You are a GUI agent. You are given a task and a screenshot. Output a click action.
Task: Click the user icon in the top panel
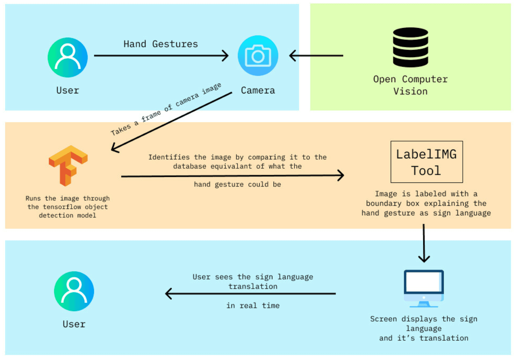tap(68, 57)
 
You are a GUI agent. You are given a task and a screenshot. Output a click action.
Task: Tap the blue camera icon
tap(258, 56)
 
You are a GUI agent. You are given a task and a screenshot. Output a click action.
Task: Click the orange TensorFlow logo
tap(68, 165)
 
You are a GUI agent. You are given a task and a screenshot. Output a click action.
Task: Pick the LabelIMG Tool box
tap(426, 162)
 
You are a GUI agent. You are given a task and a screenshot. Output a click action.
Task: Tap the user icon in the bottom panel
tap(74, 291)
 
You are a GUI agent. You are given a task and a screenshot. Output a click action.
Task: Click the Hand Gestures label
tap(161, 44)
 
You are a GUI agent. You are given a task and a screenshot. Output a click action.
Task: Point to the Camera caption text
tap(258, 90)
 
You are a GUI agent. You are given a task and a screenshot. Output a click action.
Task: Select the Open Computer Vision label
tap(410, 85)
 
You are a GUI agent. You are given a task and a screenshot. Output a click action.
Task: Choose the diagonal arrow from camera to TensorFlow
tap(172, 121)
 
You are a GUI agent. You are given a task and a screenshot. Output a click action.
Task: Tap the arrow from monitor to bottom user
tap(250, 293)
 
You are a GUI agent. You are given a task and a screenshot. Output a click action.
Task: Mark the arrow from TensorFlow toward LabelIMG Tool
tap(233, 176)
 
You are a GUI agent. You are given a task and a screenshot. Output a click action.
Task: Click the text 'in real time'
tap(253, 306)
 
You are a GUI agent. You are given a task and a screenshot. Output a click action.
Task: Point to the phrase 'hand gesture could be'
tap(237, 184)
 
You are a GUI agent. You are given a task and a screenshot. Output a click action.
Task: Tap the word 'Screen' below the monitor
tap(383, 319)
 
